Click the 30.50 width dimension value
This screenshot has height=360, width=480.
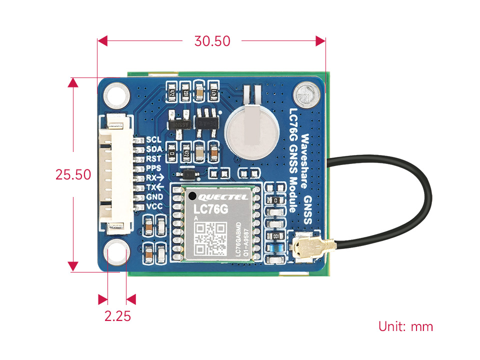coord(212,41)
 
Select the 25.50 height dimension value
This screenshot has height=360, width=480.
coord(73,174)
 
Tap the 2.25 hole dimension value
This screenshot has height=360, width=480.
coord(117,316)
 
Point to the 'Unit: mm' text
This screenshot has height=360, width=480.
coord(405,327)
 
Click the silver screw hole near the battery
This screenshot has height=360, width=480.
coord(305,94)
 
